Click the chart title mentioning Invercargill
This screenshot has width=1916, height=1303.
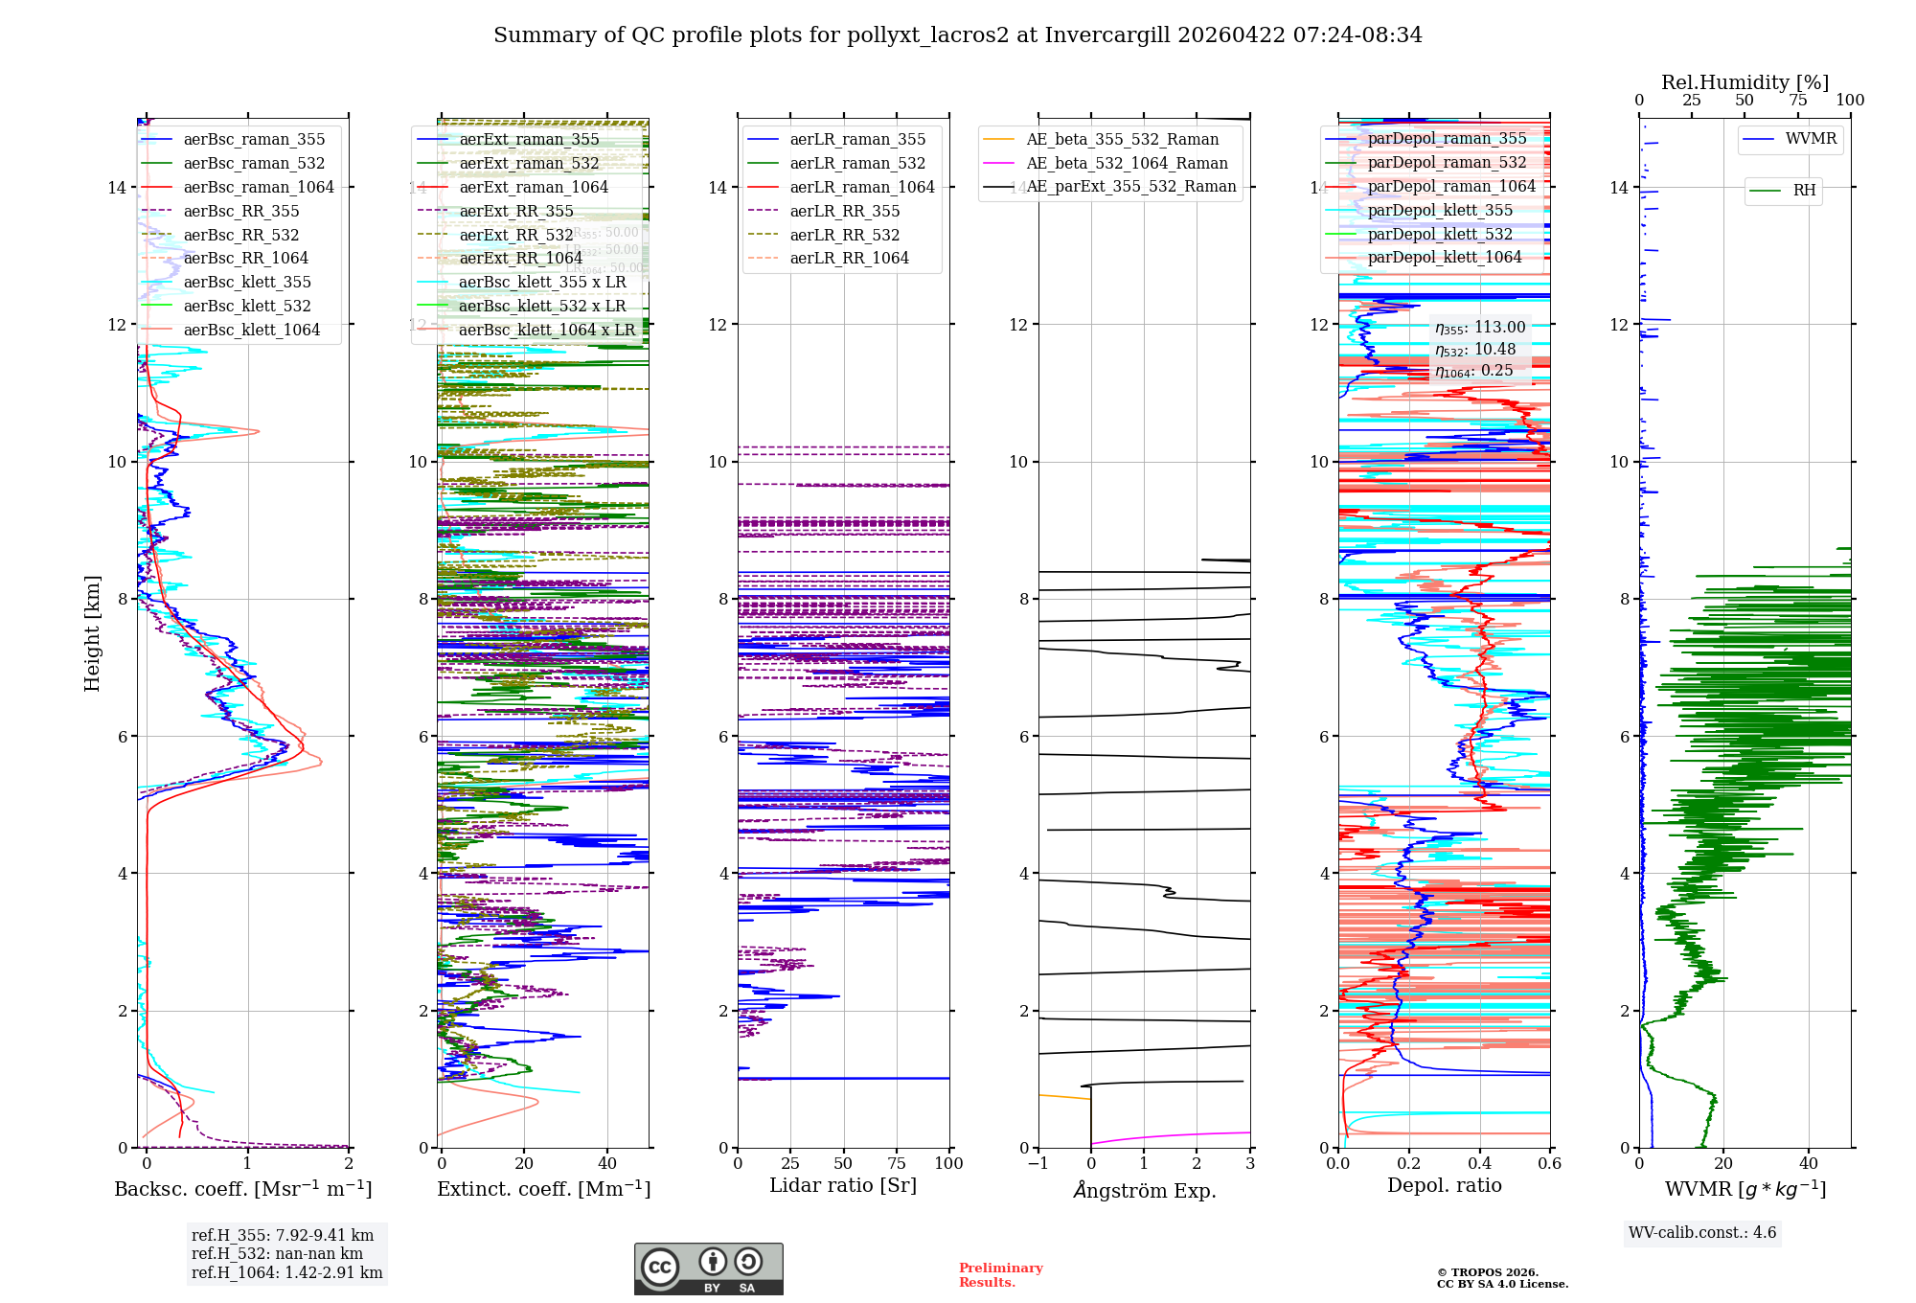click(x=958, y=35)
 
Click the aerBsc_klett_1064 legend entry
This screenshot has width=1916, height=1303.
click(x=251, y=330)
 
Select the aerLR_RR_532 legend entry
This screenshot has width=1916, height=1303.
click(x=844, y=235)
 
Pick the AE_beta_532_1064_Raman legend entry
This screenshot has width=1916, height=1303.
click(x=1127, y=163)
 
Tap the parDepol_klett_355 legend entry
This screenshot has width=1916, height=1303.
click(x=1440, y=210)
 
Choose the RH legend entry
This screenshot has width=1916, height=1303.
click(x=1804, y=190)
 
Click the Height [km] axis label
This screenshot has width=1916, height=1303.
click(x=92, y=632)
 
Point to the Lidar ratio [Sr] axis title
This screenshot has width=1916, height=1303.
click(x=843, y=1185)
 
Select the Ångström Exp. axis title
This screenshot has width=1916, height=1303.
click(x=1144, y=1190)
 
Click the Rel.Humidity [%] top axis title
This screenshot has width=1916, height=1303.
click(x=1745, y=82)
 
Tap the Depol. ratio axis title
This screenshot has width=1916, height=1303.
click(x=1444, y=1185)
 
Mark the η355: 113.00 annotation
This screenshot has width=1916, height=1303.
click(x=1480, y=328)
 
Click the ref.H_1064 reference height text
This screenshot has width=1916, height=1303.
click(x=286, y=1272)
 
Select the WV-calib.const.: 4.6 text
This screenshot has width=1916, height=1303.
click(x=1702, y=1232)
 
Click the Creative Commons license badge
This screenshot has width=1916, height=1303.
click(x=708, y=1269)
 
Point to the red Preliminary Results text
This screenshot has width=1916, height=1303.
click(x=1000, y=1274)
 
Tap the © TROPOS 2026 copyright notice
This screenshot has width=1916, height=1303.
click(x=1501, y=1278)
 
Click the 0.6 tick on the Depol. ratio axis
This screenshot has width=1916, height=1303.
click(x=1549, y=1163)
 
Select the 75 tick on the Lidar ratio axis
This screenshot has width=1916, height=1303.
click(x=897, y=1163)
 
